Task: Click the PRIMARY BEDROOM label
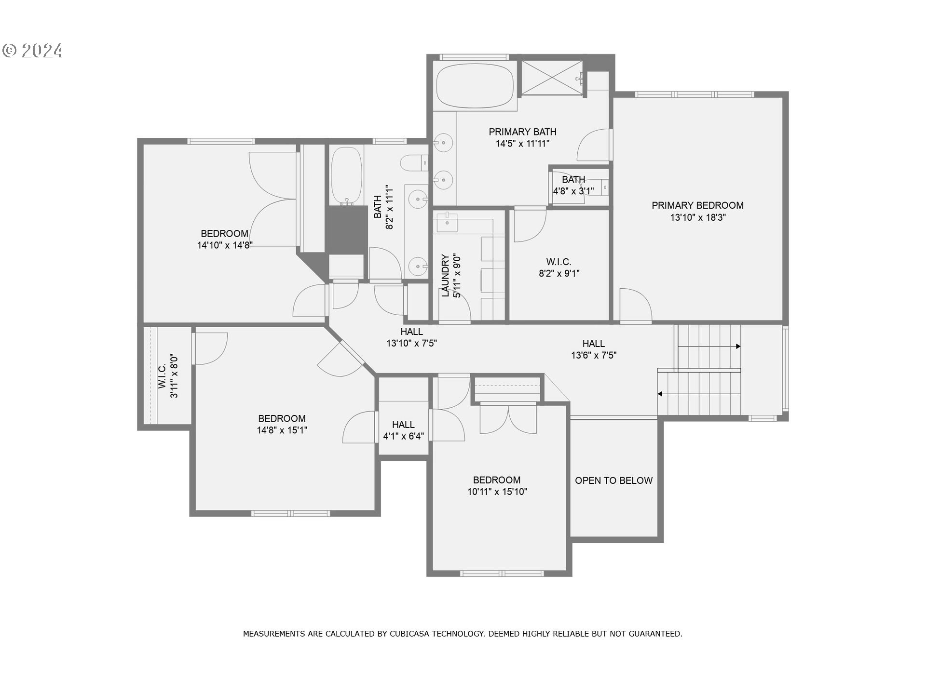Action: [697, 205]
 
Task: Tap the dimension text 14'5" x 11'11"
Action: [522, 144]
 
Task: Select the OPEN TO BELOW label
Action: [613, 480]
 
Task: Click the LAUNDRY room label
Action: [445, 276]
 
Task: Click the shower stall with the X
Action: [552, 77]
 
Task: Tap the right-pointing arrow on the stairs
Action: [738, 346]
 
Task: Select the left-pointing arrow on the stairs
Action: [660, 394]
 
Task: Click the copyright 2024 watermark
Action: [33, 51]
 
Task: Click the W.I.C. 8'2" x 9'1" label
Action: [559, 267]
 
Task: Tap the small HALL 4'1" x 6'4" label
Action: [403, 430]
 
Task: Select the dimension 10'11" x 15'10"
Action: [497, 492]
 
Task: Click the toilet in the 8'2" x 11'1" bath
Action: [414, 163]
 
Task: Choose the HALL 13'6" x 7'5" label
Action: [594, 349]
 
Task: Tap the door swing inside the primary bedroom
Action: [635, 305]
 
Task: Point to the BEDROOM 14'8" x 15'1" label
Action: [282, 424]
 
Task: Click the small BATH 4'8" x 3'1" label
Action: [573, 185]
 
